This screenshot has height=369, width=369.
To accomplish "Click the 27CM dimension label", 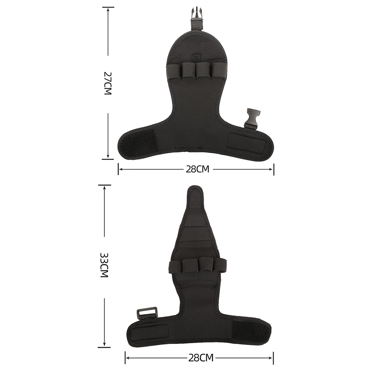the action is click(x=107, y=83).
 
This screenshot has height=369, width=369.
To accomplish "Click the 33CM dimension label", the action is click(x=104, y=265).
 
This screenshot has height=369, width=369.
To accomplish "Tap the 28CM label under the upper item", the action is click(x=197, y=169).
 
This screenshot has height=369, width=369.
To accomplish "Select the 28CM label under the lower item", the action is click(x=201, y=358).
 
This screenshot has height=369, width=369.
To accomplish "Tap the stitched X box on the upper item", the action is click(x=196, y=58).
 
